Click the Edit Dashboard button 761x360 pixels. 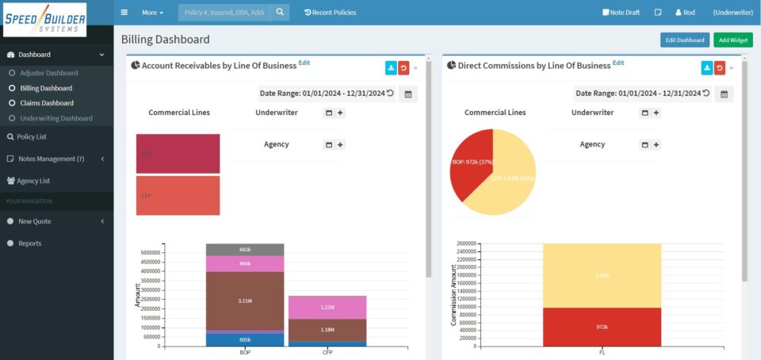pos(684,40)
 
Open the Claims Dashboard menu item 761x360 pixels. pos(46,103)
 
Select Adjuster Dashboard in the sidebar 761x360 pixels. pos(48,73)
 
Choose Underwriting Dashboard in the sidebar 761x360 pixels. pos(55,118)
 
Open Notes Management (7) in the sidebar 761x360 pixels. pos(51,159)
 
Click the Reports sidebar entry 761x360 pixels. pos(30,243)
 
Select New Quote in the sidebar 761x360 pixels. pos(35,222)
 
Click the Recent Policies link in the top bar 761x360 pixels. pos(331,13)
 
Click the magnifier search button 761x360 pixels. pos(281,13)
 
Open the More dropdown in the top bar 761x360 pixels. pos(153,13)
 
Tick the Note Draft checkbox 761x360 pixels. pos(606,13)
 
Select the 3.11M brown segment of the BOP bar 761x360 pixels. pos(245,301)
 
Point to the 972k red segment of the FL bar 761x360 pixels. pos(602,327)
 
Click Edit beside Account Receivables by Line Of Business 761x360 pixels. pos(304,63)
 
